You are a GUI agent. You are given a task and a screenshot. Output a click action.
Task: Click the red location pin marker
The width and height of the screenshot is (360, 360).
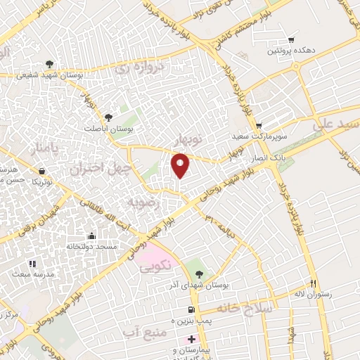[181, 165]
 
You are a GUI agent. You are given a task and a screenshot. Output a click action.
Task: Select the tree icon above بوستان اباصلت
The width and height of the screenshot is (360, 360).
[108, 118]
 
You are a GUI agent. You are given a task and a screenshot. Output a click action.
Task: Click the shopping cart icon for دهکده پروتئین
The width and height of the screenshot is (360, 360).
[291, 40]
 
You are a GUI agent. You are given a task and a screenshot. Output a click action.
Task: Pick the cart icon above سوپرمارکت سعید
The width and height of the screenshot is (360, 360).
[258, 126]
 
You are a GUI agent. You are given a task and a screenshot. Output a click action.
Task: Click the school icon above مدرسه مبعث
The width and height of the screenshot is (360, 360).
[32, 264]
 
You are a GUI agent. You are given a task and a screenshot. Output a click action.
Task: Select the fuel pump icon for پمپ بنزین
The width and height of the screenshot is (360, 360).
[190, 310]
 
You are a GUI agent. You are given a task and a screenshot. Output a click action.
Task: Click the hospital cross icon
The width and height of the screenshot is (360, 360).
[191, 339]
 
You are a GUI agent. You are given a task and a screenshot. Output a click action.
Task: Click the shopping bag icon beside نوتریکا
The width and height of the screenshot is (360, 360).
[43, 171]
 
